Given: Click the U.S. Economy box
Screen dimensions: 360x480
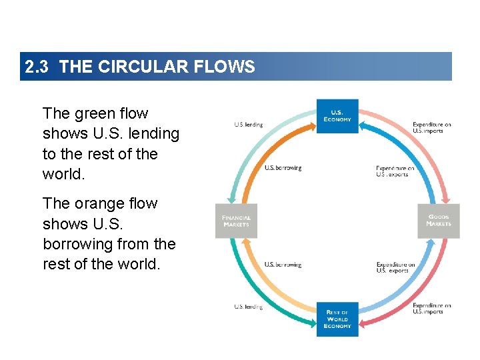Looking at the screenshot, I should point(337,116).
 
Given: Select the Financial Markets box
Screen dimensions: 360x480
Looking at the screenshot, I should point(236,221).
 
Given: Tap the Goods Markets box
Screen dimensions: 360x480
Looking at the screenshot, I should point(439,221).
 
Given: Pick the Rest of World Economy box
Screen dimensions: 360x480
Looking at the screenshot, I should point(337,319).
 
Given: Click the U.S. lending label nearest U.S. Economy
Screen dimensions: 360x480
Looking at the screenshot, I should point(249,125).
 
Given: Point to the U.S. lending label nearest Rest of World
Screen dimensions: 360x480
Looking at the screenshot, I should point(249,307).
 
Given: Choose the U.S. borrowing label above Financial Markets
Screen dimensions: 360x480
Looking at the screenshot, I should point(283,168).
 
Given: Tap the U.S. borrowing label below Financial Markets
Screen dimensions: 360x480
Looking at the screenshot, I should point(283,265).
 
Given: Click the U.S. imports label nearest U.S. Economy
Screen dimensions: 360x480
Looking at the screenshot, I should point(431,128).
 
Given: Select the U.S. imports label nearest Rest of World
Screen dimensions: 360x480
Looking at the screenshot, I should point(431,309).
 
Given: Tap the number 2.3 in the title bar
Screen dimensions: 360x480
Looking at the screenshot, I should point(37,67).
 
